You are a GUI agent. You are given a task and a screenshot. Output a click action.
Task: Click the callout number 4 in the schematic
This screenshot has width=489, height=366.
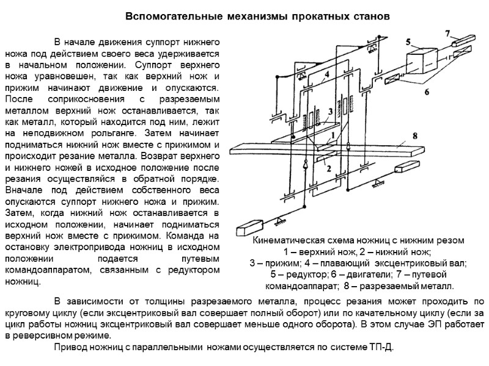coord(327,74)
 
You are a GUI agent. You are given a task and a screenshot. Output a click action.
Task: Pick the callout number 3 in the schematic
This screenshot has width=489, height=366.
coord(330,111)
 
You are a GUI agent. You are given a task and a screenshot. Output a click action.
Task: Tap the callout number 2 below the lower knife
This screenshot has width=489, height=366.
coord(328,169)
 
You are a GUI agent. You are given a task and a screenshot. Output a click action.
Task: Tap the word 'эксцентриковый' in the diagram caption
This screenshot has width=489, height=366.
coord(403,263)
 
